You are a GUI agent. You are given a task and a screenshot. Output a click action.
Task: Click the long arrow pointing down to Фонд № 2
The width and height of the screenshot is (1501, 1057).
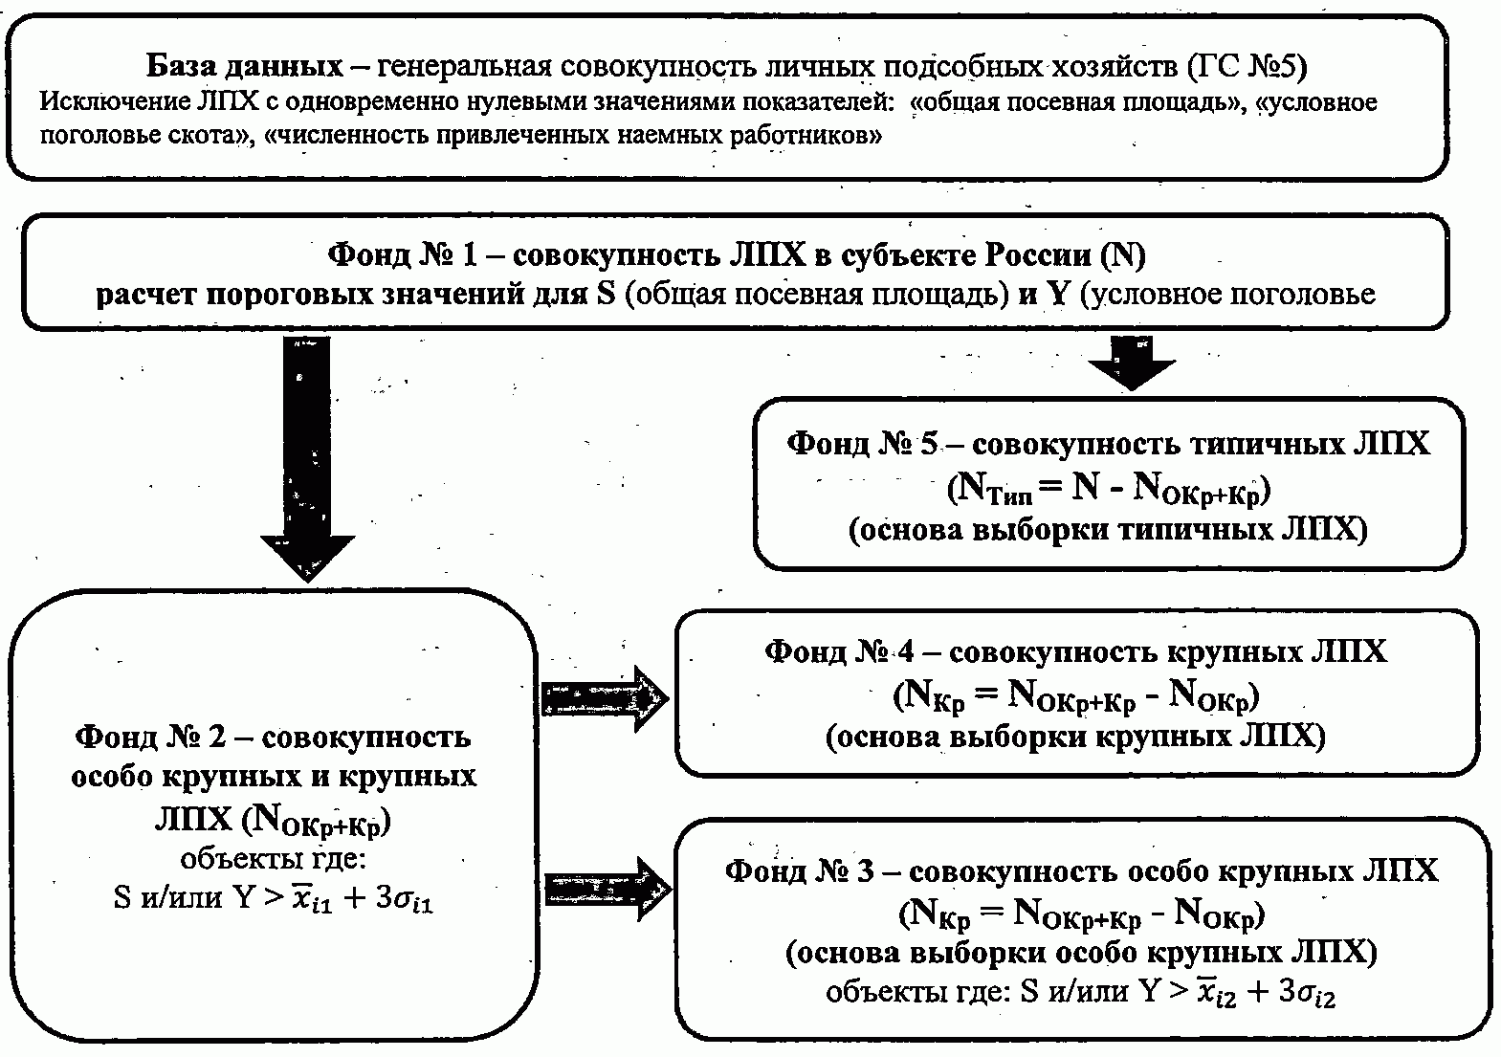[x=308, y=459]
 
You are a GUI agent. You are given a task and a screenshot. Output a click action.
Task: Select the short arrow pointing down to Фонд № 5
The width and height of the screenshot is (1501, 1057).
[x=1132, y=363]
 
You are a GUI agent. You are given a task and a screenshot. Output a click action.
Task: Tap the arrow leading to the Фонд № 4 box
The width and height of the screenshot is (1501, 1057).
[x=605, y=698]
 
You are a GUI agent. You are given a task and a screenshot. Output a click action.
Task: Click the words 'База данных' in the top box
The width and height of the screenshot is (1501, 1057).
[x=244, y=66]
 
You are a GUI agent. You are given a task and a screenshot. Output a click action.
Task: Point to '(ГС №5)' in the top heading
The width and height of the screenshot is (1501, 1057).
[x=1247, y=66]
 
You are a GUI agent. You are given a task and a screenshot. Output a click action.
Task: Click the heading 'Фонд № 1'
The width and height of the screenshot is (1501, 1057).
[x=403, y=255]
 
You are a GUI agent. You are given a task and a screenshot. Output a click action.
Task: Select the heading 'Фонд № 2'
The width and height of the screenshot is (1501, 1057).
[x=151, y=738]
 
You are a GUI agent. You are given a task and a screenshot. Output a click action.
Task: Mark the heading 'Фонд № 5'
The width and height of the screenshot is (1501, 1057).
[x=862, y=444]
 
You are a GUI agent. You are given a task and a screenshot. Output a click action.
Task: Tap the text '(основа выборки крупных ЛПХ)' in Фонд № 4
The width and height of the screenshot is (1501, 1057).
[x=1075, y=737]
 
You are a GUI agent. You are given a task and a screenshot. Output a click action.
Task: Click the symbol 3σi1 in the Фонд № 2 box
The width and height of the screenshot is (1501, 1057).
[x=404, y=899]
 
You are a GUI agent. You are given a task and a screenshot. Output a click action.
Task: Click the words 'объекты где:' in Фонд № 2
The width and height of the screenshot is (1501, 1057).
[x=274, y=859]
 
